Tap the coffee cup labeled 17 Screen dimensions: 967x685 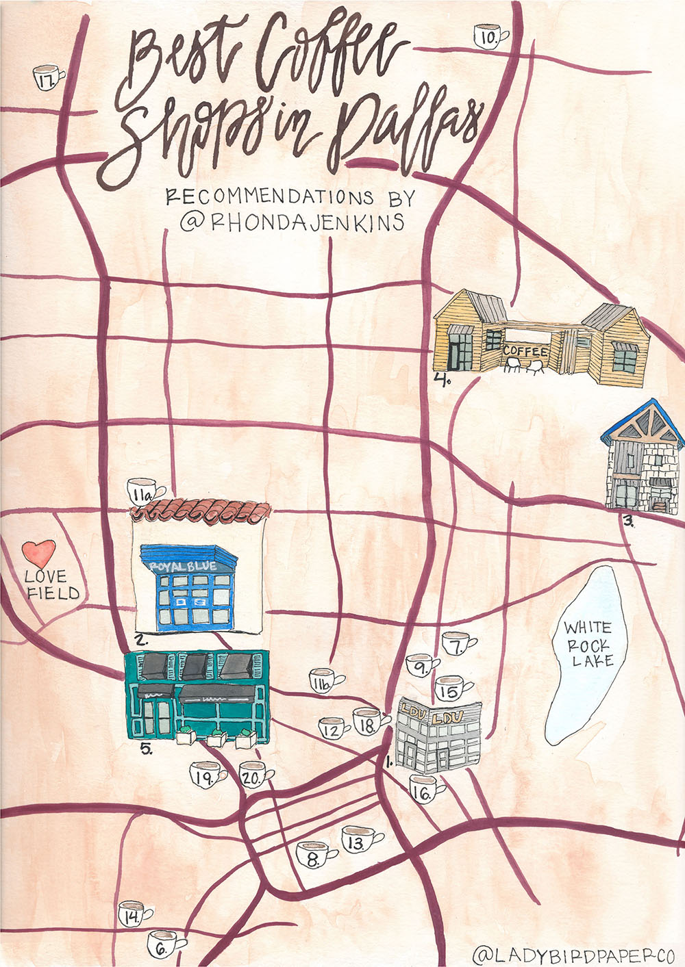[47, 79]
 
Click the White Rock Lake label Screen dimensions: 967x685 [588, 644]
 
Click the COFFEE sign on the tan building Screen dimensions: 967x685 [526, 352]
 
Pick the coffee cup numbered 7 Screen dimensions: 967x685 [457, 644]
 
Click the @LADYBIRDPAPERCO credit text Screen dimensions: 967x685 [574, 954]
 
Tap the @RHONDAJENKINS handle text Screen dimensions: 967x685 [292, 222]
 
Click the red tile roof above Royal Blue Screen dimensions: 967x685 [201, 510]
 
